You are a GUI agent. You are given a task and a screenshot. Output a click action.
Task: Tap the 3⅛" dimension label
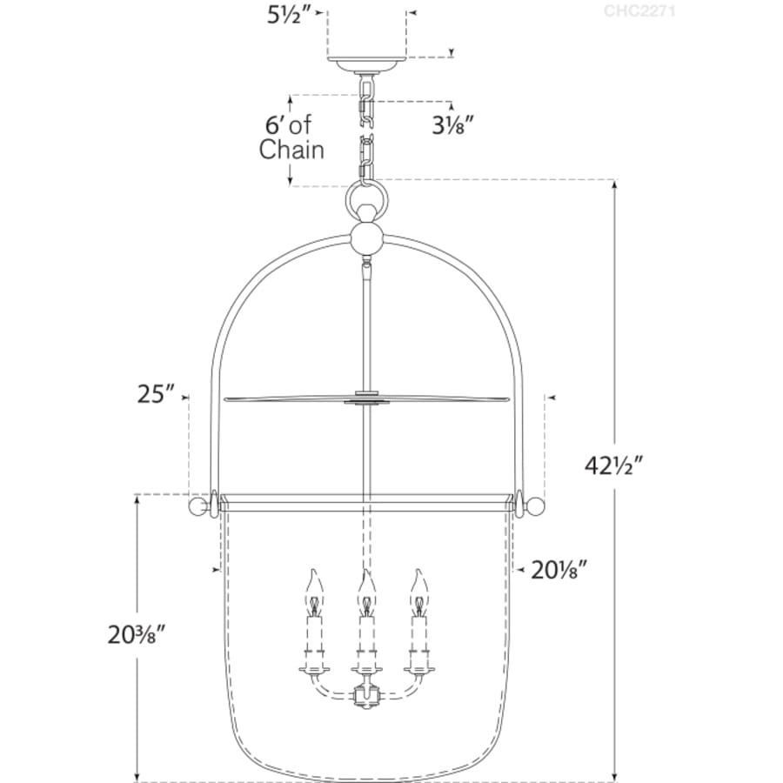(452, 125)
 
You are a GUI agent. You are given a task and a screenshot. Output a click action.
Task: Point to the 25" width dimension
(157, 394)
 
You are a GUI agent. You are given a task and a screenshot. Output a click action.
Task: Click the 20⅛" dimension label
(559, 570)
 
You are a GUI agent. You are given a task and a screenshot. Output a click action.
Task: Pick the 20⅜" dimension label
(137, 635)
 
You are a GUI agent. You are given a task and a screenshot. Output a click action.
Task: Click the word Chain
(291, 150)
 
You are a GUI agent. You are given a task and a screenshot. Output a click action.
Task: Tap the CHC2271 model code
(639, 11)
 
